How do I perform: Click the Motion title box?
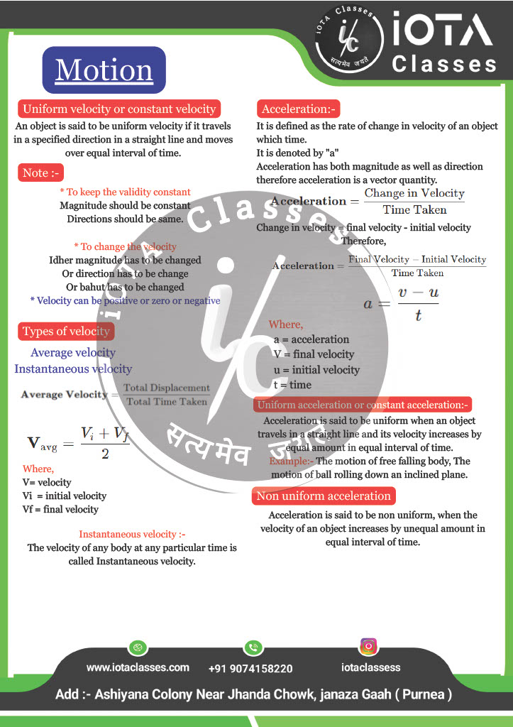tap(104, 70)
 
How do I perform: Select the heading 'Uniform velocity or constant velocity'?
tap(118, 109)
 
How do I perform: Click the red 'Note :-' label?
tap(42, 173)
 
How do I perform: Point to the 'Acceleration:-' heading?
tap(299, 109)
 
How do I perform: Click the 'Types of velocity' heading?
tap(65, 332)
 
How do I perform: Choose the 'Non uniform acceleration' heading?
tap(324, 496)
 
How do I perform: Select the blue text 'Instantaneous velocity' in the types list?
tap(73, 369)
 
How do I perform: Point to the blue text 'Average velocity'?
tap(73, 353)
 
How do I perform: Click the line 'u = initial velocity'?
tap(316, 370)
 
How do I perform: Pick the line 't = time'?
tap(292, 385)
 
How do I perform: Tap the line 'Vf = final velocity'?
tap(60, 509)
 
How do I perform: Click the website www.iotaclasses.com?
tap(138, 667)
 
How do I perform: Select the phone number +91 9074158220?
tap(250, 669)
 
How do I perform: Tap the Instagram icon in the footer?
tap(368, 647)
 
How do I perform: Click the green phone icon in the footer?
tap(253, 647)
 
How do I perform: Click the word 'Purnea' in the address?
tap(424, 694)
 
